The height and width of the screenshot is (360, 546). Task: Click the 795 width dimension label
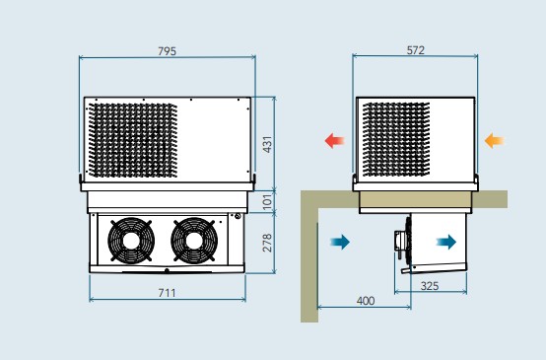point(168,51)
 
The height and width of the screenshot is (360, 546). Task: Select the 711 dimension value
point(168,293)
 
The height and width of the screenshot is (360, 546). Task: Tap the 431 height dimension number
point(267,144)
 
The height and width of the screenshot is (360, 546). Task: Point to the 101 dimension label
point(267,202)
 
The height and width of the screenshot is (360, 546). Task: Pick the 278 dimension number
point(267,243)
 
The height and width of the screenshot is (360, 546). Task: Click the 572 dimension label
point(416,50)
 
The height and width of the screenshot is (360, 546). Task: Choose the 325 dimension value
point(430,286)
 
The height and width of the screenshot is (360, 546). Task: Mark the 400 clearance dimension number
point(366,301)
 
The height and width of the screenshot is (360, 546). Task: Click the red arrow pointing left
point(334,141)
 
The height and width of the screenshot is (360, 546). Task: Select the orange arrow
point(494,141)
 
